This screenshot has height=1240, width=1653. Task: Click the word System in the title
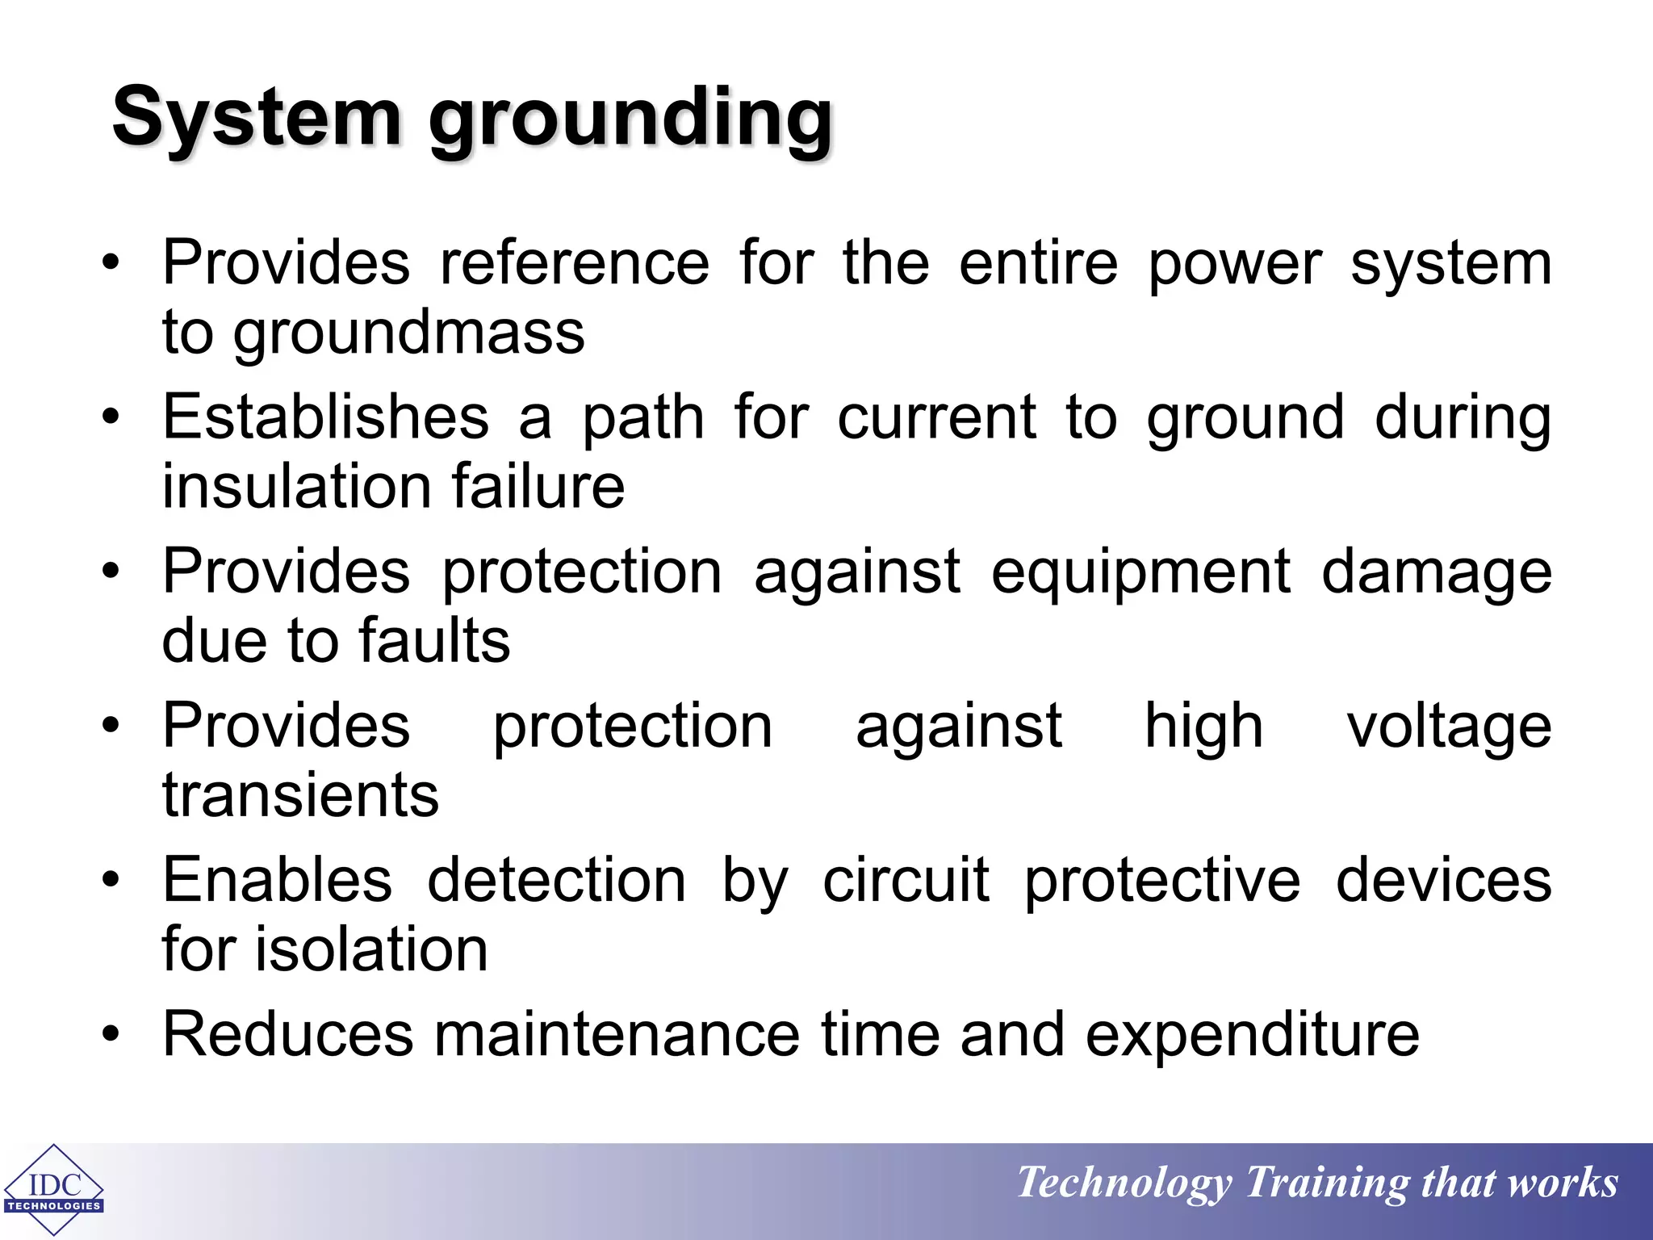coord(257,117)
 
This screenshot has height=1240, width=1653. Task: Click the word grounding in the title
coord(630,121)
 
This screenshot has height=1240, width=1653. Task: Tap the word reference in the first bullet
coord(574,263)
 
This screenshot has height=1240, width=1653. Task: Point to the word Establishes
coord(325,417)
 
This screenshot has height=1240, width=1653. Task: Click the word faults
coord(434,641)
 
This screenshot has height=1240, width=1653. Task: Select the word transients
coord(300,795)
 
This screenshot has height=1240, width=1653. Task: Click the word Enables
coord(277,880)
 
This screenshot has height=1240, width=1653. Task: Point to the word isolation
coord(371,949)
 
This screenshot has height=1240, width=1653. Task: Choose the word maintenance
coord(617,1035)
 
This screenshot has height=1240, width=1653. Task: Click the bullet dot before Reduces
coord(111,1034)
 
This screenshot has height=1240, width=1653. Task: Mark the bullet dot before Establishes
coord(111,417)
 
